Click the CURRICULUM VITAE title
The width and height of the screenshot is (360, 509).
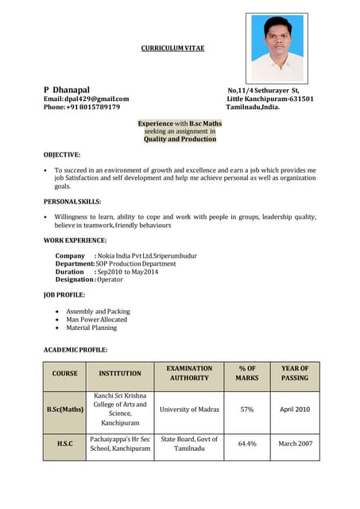(172, 49)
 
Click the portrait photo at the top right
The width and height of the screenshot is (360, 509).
(277, 49)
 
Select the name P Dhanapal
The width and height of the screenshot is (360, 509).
(67, 90)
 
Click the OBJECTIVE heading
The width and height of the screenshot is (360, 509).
(61, 154)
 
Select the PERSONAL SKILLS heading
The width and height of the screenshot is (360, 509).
(72, 201)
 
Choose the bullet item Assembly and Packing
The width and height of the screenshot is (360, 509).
(98, 312)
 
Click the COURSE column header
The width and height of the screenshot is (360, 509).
(64, 373)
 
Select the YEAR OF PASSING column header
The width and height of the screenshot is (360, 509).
(295, 373)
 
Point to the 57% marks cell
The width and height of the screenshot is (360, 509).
(247, 410)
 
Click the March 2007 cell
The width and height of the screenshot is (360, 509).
(295, 443)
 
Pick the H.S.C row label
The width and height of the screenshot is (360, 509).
(64, 443)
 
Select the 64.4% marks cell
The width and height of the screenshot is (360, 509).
(247, 443)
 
